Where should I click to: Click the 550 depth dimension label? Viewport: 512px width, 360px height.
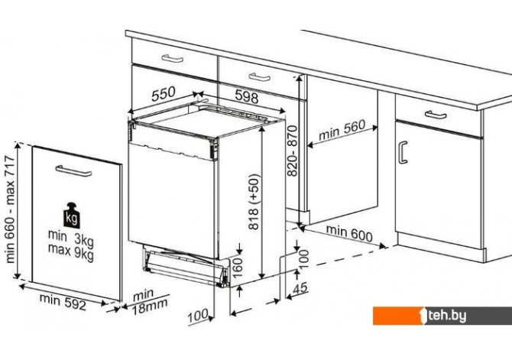click(164, 94)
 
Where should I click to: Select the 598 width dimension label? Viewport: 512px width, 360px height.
click(247, 97)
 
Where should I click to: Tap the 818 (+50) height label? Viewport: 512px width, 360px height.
click(254, 202)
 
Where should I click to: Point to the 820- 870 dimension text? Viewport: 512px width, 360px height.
click(292, 151)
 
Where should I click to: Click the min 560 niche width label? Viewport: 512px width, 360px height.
click(342, 130)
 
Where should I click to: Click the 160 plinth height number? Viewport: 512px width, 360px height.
click(238, 268)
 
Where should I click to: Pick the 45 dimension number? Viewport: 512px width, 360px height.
click(300, 288)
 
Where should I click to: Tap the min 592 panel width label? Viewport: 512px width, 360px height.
click(63, 302)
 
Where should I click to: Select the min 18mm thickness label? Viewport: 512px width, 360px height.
click(150, 301)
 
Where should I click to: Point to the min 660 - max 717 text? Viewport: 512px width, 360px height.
click(10, 209)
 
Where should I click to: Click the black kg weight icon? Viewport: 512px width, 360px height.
click(72, 215)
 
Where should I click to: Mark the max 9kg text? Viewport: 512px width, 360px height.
click(71, 252)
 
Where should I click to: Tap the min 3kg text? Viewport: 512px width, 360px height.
click(71, 238)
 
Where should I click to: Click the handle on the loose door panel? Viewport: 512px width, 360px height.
click(73, 171)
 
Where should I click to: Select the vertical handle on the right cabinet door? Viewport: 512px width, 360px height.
click(403, 152)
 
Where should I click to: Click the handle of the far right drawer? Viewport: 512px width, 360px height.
click(436, 115)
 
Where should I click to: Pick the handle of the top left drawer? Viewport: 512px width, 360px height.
click(173, 59)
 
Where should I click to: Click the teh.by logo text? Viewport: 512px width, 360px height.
click(446, 316)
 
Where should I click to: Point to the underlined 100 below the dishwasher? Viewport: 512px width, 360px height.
click(198, 316)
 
